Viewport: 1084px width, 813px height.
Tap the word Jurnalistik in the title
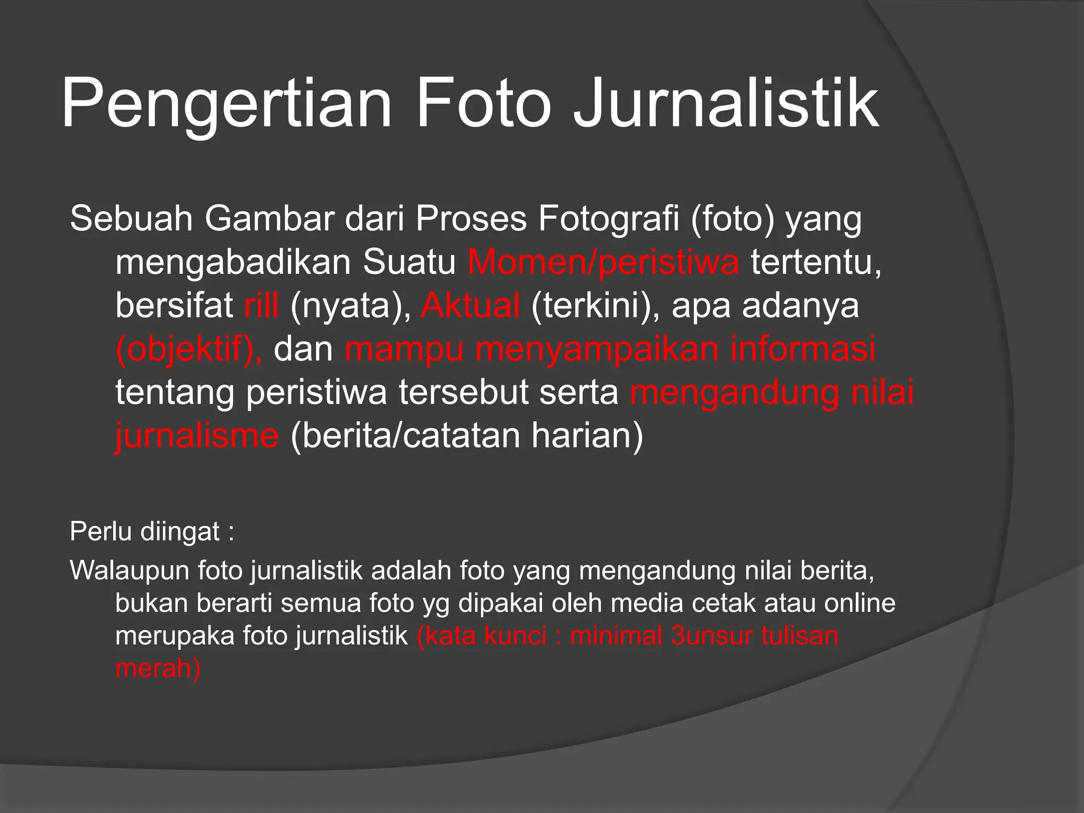(726, 103)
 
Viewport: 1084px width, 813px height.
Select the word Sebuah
(131, 218)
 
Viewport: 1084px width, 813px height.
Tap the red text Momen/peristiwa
(603, 261)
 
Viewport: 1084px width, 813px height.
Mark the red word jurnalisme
(197, 436)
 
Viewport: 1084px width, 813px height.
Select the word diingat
(180, 531)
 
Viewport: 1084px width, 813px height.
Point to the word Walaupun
(130, 571)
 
